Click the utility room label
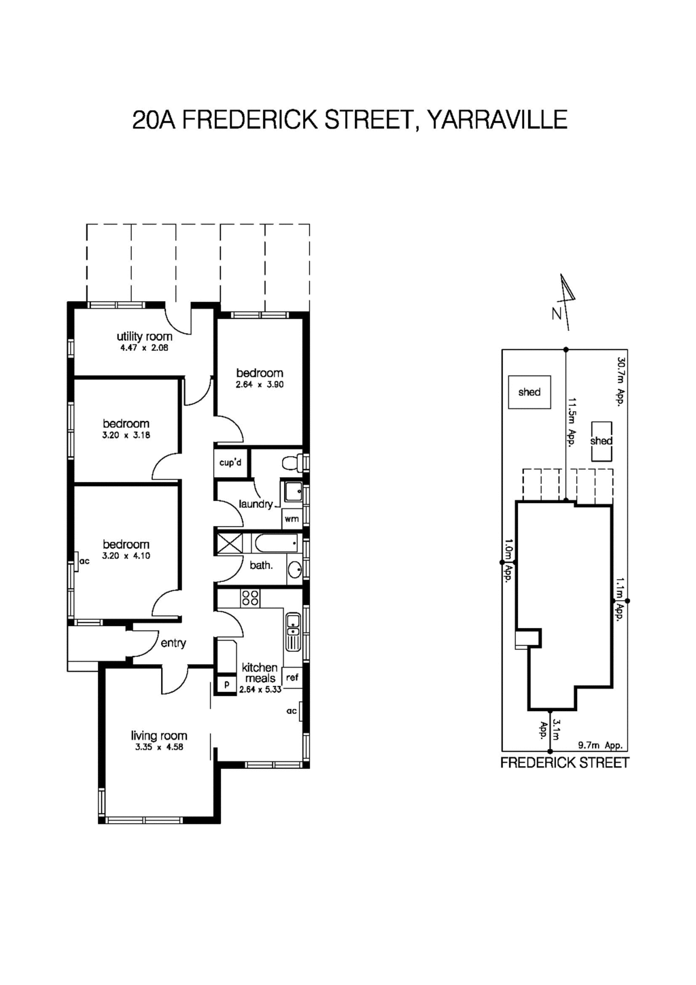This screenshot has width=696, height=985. pos(144,336)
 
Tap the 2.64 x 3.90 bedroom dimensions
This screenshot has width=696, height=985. pos(260,385)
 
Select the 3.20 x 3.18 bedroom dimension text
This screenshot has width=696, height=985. pos(126,435)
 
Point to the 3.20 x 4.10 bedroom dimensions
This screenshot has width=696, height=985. pos(126,556)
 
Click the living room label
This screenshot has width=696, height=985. pos(159,736)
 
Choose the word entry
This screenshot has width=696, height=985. pos(173,643)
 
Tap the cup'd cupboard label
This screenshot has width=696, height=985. pos(231,463)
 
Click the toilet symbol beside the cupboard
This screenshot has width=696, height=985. pos(292,463)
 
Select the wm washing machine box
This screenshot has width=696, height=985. pos(292,519)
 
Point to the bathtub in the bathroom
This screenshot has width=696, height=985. pos(275,543)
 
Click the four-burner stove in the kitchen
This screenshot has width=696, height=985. pos(250,598)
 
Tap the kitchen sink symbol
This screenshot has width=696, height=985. pos(293,632)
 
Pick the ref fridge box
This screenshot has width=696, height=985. pos(292,677)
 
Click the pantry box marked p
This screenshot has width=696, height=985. pos(226,685)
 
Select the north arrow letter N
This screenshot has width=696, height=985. pos(557,314)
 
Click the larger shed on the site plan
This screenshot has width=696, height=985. pos(529,392)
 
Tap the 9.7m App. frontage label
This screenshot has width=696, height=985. pos(599,745)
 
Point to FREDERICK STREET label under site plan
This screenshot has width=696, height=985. pos(564,763)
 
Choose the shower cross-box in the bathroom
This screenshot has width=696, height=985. pos(229,543)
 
